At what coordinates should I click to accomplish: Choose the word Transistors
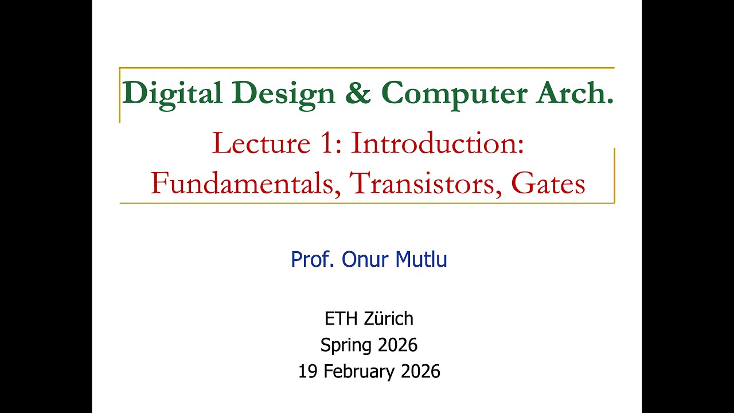(x=425, y=183)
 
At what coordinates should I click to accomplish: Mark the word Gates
(x=548, y=183)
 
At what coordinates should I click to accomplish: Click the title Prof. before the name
(x=313, y=260)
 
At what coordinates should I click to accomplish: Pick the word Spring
(x=346, y=345)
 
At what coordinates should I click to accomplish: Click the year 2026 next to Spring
(x=397, y=345)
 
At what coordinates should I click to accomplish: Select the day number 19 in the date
(x=308, y=372)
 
